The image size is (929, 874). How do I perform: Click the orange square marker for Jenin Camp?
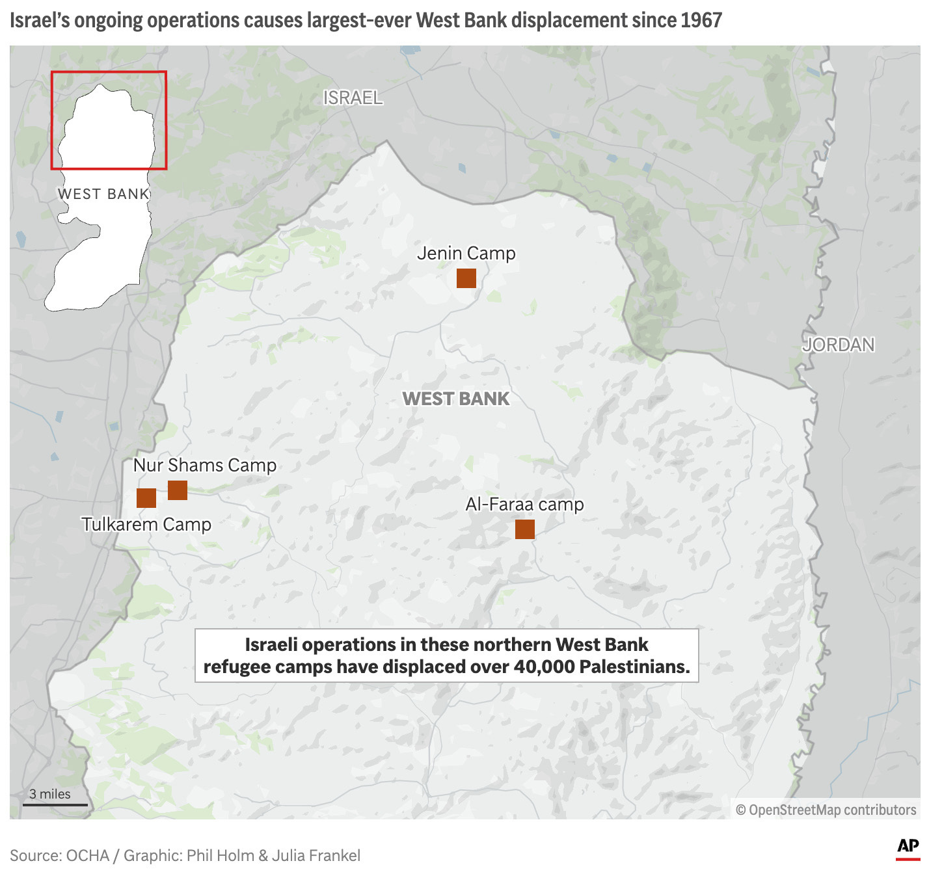click(466, 278)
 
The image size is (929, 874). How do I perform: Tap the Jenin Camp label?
click(466, 253)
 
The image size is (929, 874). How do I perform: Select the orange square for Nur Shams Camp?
click(178, 490)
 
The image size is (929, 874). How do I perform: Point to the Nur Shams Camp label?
click(204, 465)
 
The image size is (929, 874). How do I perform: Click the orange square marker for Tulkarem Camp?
click(146, 498)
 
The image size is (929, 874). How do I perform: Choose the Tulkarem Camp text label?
click(146, 524)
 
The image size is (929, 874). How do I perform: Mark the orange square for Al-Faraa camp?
click(524, 529)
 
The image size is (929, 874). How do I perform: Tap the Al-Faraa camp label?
click(524, 504)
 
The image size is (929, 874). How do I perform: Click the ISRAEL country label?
click(353, 98)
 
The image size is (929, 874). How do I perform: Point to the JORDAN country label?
click(838, 345)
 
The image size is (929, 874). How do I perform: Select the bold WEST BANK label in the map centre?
click(455, 399)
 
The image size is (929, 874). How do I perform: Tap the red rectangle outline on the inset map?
click(109, 72)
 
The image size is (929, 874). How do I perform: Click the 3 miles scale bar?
click(55, 804)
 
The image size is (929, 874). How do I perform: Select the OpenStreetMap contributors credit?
click(826, 810)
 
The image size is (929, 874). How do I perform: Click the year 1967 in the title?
click(701, 20)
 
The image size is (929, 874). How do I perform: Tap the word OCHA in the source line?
click(88, 855)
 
